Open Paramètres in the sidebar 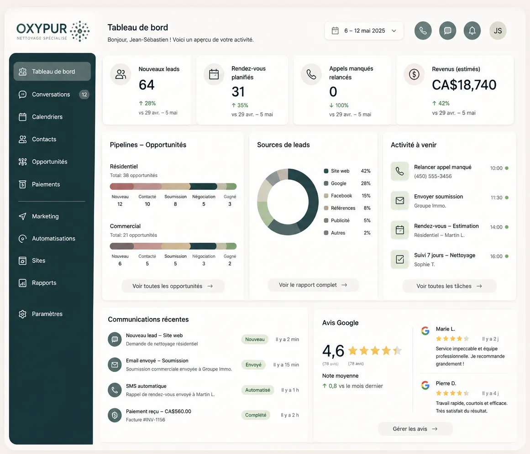[47, 314]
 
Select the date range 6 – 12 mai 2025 [364, 31]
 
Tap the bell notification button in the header [472, 31]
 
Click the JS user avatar [498, 31]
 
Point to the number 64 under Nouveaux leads [147, 85]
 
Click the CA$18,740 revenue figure [464, 85]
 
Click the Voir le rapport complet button [313, 285]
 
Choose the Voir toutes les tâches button [449, 286]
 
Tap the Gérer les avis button [415, 428]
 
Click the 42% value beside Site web [366, 171]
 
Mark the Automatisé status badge [257, 390]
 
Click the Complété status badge [256, 415]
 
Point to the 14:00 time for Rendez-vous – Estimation [496, 227]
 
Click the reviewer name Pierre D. [446, 383]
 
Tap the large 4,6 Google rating [333, 350]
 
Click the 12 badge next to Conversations [84, 94]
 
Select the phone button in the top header [423, 31]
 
